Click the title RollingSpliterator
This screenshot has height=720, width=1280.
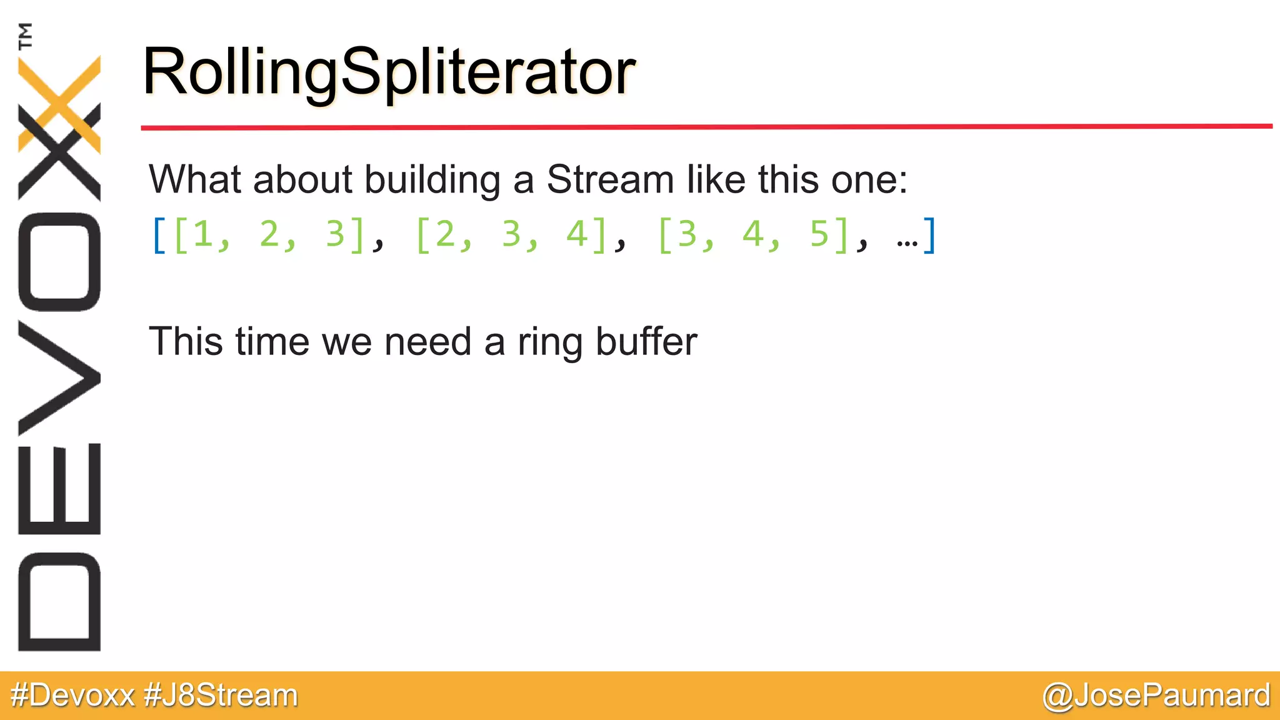(389, 72)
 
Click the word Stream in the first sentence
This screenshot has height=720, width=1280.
(610, 179)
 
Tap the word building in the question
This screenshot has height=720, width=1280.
(432, 179)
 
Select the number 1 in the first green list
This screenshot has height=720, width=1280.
(202, 234)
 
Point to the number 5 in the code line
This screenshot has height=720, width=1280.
(819, 234)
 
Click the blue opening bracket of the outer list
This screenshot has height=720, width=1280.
(159, 236)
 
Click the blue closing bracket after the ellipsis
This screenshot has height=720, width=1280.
(929, 236)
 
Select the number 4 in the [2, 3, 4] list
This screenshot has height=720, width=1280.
(576, 234)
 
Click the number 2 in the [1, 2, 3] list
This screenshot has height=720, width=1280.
(269, 234)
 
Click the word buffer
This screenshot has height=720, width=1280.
(646, 342)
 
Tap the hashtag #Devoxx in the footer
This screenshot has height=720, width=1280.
(72, 696)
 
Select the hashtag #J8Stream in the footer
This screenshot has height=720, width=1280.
(221, 696)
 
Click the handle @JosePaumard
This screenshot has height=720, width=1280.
(1156, 696)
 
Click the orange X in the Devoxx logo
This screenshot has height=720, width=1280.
(59, 103)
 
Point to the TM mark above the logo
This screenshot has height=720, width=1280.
(26, 36)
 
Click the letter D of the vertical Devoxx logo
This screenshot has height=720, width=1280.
(59, 602)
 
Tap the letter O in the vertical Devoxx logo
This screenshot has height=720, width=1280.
(59, 262)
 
